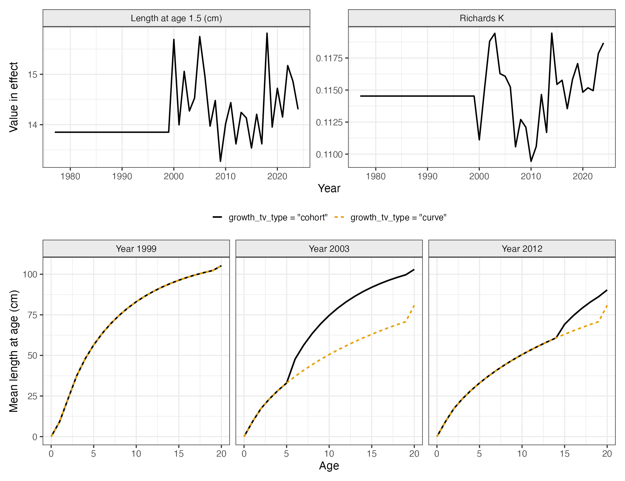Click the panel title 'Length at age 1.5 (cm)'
pos(176,18)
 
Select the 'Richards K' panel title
pos(482,18)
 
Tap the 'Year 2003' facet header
pos(329,249)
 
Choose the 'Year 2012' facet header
pos(522,249)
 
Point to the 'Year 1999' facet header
pos(136,249)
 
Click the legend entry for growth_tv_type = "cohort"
pos(270,217)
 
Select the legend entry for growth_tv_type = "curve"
pos(390,217)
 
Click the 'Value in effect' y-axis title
pos(13,97)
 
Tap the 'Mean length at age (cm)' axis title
pos(13,351)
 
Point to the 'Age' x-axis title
pos(329,466)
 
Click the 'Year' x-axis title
pos(329,188)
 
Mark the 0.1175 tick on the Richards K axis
pos(329,58)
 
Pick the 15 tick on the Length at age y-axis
pos(33,75)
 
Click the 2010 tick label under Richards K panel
pos(531,176)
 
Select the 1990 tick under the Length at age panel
pos(122,176)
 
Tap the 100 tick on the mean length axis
pos(30,274)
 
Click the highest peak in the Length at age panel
pos(267,33)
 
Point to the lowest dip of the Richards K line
pos(531,161)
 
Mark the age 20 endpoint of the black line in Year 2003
pos(414,270)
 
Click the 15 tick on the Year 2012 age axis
pos(564,454)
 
